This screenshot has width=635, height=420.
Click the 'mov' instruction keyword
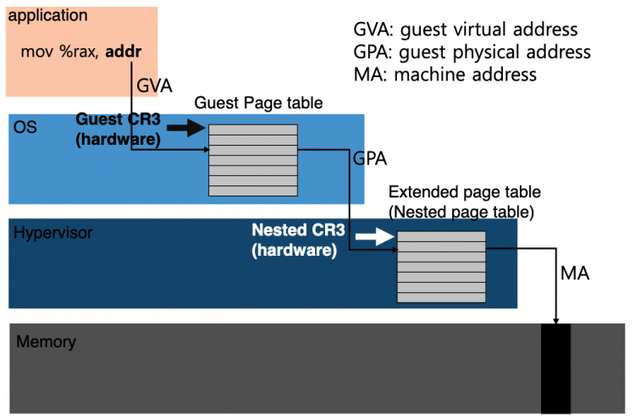[x=36, y=52]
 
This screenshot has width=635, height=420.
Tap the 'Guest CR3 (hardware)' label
[x=118, y=129]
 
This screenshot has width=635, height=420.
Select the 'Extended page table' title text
[x=463, y=192]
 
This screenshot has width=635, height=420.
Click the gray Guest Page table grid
[x=252, y=160]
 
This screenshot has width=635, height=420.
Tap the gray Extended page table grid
[x=441, y=266]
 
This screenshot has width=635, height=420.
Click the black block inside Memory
[x=555, y=367]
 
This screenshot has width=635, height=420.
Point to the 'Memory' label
[x=46, y=342]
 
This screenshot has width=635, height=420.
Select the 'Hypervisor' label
[x=53, y=232]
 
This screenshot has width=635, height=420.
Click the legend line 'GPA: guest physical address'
[x=472, y=52]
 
